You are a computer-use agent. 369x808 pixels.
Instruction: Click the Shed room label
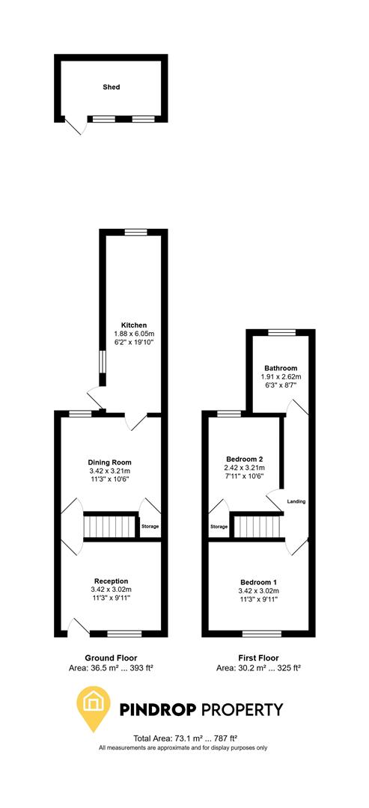111,87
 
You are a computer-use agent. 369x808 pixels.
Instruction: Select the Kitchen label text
134,325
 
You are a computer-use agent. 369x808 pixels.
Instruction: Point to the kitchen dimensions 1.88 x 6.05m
134,334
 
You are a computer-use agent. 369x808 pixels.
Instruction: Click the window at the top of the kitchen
135,233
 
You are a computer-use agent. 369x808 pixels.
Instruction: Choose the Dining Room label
110,462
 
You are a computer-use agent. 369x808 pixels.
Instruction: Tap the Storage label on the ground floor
150,527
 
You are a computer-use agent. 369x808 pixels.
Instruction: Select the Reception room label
111,581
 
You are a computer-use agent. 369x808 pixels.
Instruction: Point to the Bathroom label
281,368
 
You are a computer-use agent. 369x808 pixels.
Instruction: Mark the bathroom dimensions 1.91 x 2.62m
281,377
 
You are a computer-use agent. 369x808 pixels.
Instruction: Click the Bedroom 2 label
244,459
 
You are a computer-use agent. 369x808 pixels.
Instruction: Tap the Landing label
297,501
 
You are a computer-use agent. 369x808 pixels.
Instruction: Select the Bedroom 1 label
259,582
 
